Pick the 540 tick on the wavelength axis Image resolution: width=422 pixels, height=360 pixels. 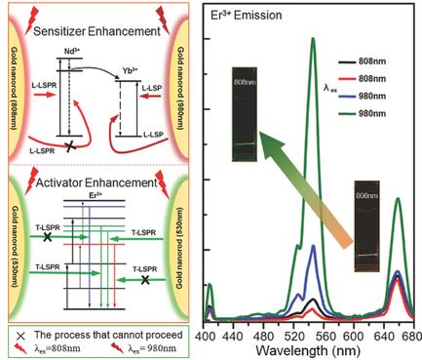[x=314, y=334]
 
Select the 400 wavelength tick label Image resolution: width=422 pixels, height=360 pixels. [x=207, y=334]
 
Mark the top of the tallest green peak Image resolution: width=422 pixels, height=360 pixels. [x=313, y=39]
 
